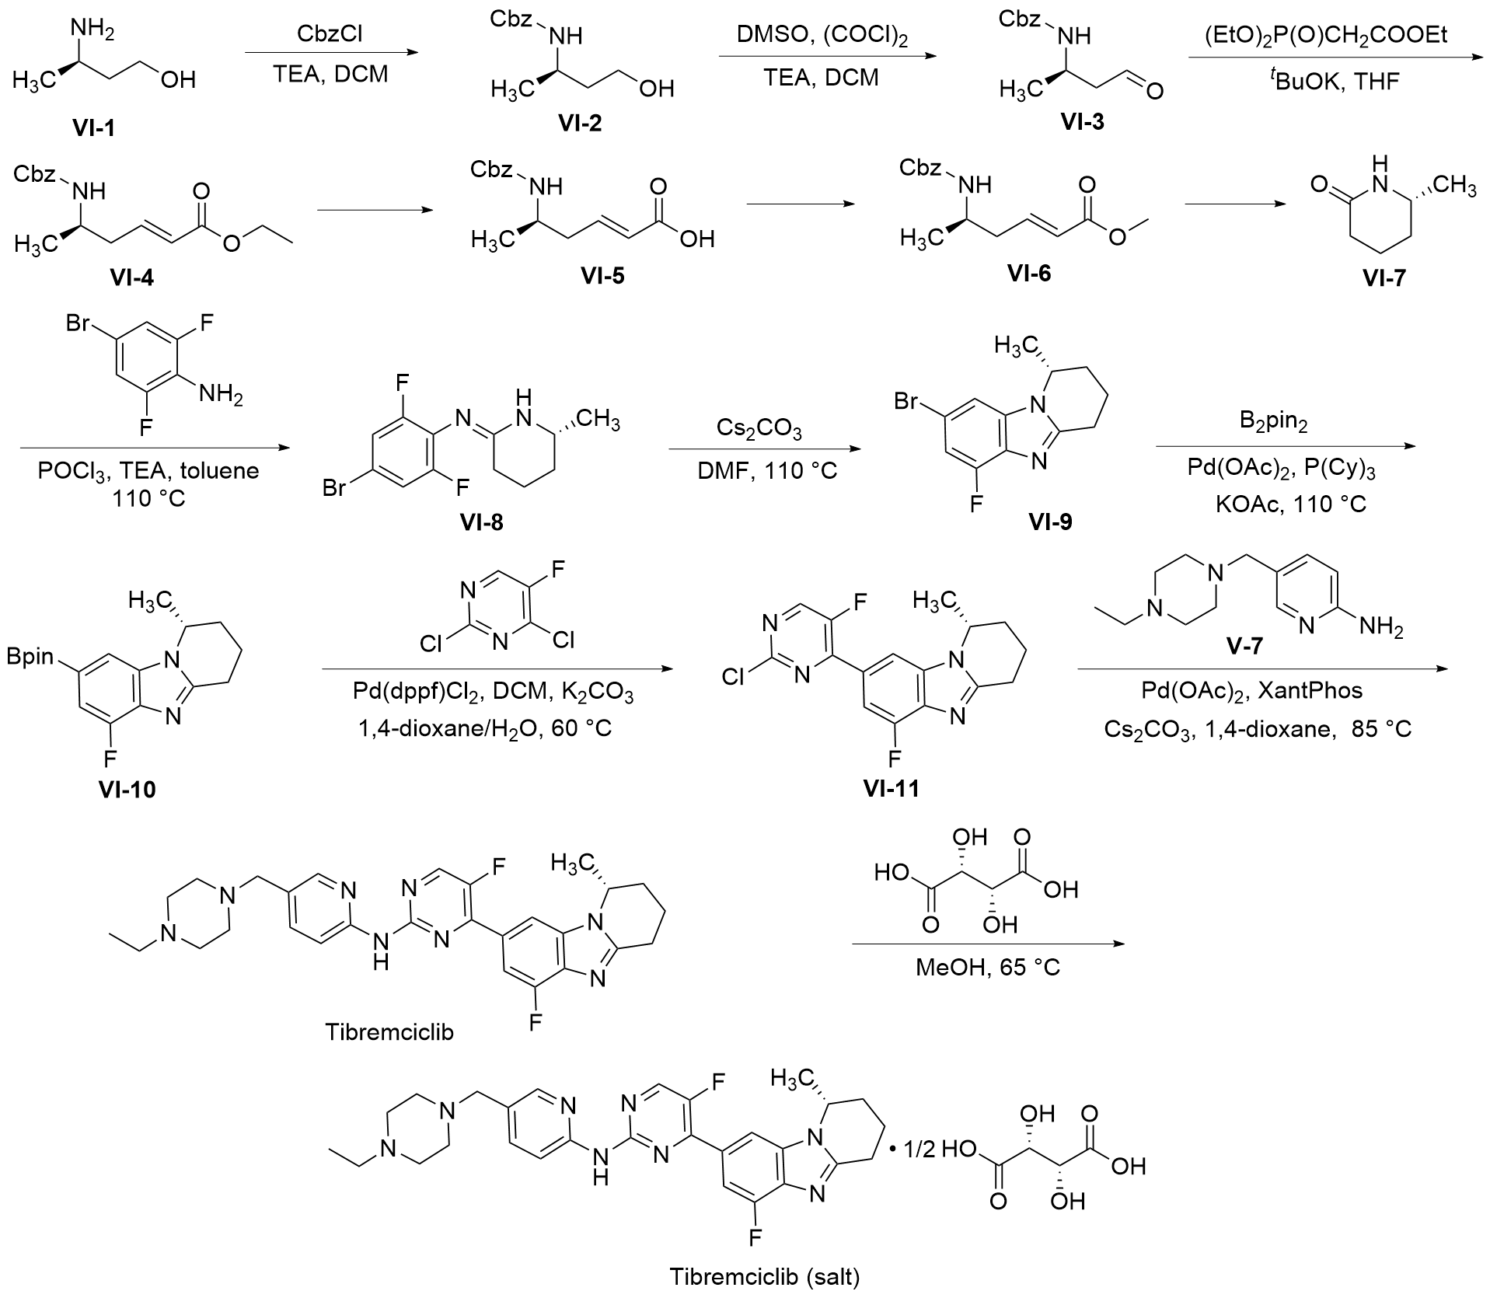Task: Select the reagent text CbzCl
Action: (330, 34)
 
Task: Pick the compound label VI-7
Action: (1384, 277)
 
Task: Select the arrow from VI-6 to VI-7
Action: (1234, 204)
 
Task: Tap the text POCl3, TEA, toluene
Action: (148, 471)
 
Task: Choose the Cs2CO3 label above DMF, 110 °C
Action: (759, 429)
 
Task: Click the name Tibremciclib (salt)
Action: (766, 1276)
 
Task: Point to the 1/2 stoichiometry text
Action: (919, 1150)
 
